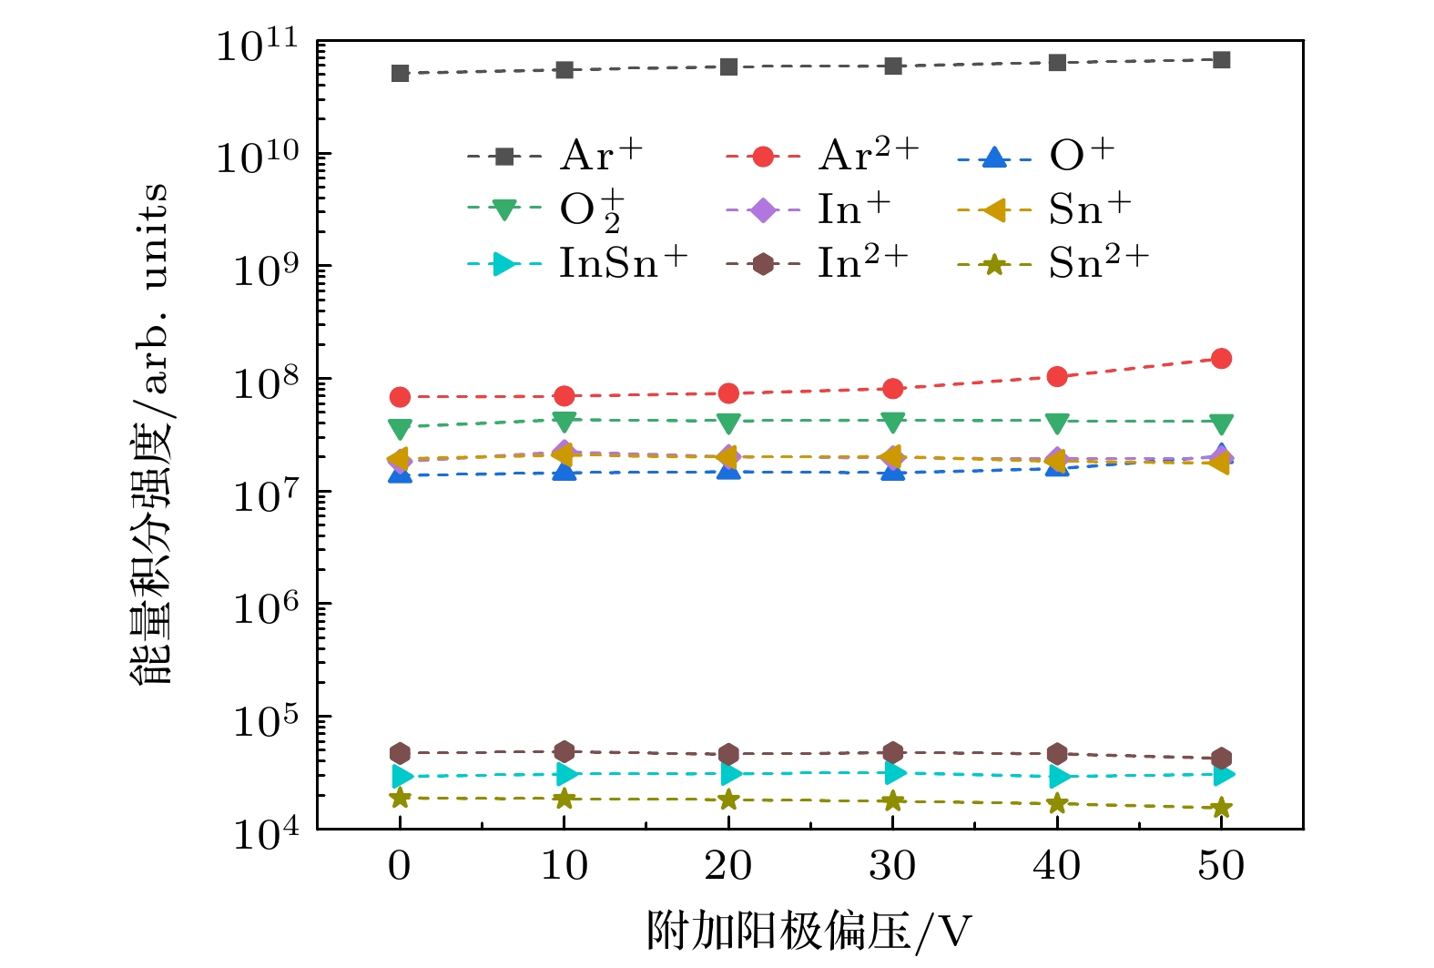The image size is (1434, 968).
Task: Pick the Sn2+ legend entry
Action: pos(1053,264)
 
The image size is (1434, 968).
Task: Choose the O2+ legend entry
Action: pos(544,210)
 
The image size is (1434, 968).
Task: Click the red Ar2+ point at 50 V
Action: pos(1221,359)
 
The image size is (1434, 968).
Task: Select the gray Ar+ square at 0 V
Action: pos(400,73)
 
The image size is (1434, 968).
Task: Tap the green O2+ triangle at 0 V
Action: pos(400,428)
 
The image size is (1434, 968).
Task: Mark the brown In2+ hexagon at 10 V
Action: pos(564,751)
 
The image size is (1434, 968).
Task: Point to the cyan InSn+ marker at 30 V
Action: pos(893,773)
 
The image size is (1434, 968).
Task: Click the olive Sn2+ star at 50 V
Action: pos(1221,808)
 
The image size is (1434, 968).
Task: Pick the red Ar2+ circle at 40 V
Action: pos(1057,376)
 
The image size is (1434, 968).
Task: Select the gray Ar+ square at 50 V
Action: pos(1221,60)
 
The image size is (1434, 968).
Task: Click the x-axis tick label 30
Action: pos(892,866)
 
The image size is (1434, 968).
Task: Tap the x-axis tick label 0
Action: pos(399,866)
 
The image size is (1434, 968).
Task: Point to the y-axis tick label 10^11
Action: pos(257,46)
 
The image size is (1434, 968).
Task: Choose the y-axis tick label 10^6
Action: pos(266,608)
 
